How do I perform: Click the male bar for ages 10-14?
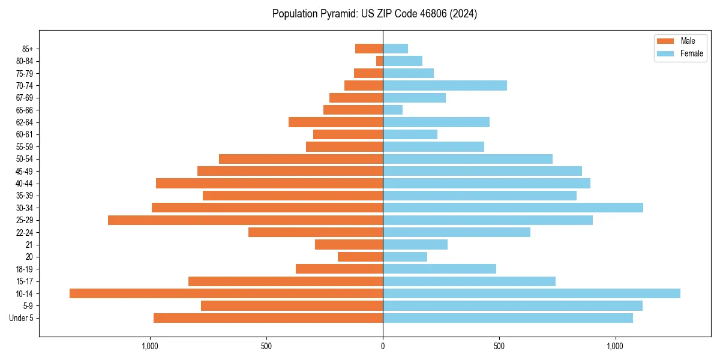coord(226,293)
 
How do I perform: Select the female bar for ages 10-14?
coord(532,293)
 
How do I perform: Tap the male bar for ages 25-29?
coord(245,220)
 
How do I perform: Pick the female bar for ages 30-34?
coord(513,208)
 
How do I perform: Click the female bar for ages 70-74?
coord(445,85)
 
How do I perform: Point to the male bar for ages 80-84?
coord(380,61)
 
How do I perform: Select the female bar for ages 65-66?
coord(393,110)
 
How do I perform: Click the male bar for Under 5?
coord(268,318)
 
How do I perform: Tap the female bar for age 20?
coord(405,257)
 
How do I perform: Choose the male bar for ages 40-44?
coord(269,183)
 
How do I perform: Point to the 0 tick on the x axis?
coord(383,346)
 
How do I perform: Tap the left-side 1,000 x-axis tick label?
coord(150,346)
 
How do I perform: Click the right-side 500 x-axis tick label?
coord(499,346)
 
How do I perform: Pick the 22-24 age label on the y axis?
coord(25,232)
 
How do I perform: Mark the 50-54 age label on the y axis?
coord(25,159)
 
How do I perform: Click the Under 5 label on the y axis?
coord(21,318)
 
